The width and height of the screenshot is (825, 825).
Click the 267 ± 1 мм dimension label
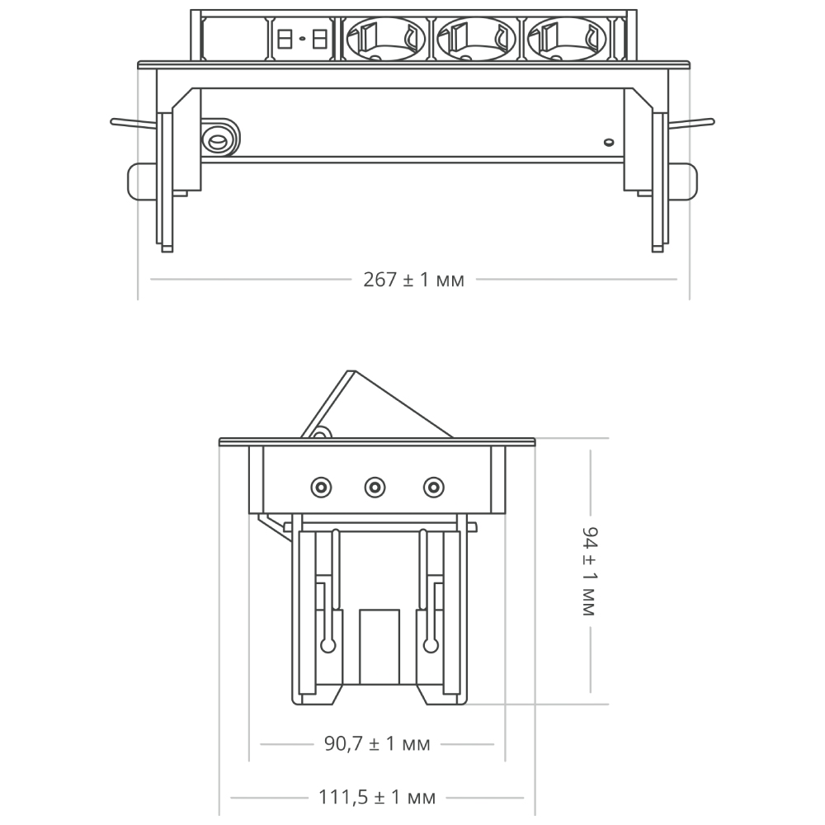[413, 280]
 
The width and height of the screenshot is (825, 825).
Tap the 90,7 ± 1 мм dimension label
[375, 744]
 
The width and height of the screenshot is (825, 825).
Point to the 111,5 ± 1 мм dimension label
[376, 798]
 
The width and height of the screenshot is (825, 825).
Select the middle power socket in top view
[471, 39]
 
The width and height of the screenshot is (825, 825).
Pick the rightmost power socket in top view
[562, 39]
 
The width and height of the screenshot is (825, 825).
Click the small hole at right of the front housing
[608, 143]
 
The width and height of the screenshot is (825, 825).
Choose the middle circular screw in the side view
[375, 488]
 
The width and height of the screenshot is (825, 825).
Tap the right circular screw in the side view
[431, 488]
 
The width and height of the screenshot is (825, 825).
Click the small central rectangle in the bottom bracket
[379, 647]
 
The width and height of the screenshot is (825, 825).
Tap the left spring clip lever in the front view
[132, 124]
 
